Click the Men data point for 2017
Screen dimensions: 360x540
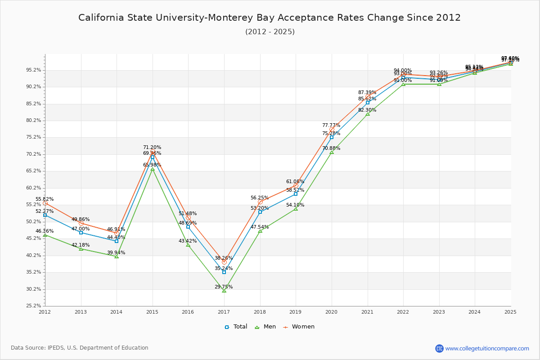tap(224, 291)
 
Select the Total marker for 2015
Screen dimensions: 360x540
tap(153, 157)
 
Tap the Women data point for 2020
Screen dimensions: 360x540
tap(332, 129)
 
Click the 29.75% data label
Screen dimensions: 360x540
tap(224, 287)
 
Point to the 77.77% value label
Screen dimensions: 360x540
tap(331, 125)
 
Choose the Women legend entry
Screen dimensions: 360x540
tap(299, 327)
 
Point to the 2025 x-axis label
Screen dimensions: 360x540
tap(510, 311)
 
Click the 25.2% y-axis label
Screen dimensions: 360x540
tap(34, 306)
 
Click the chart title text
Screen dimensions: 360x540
tap(270, 18)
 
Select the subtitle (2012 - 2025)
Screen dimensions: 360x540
tap(270, 31)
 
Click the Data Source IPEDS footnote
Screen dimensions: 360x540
tap(80, 348)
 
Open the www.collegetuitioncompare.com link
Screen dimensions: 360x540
tap(487, 348)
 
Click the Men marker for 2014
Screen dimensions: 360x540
tap(117, 256)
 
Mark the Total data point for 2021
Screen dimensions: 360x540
tap(368, 103)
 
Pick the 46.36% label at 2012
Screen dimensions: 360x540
tap(45, 231)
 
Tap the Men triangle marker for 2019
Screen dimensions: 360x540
tap(296, 209)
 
